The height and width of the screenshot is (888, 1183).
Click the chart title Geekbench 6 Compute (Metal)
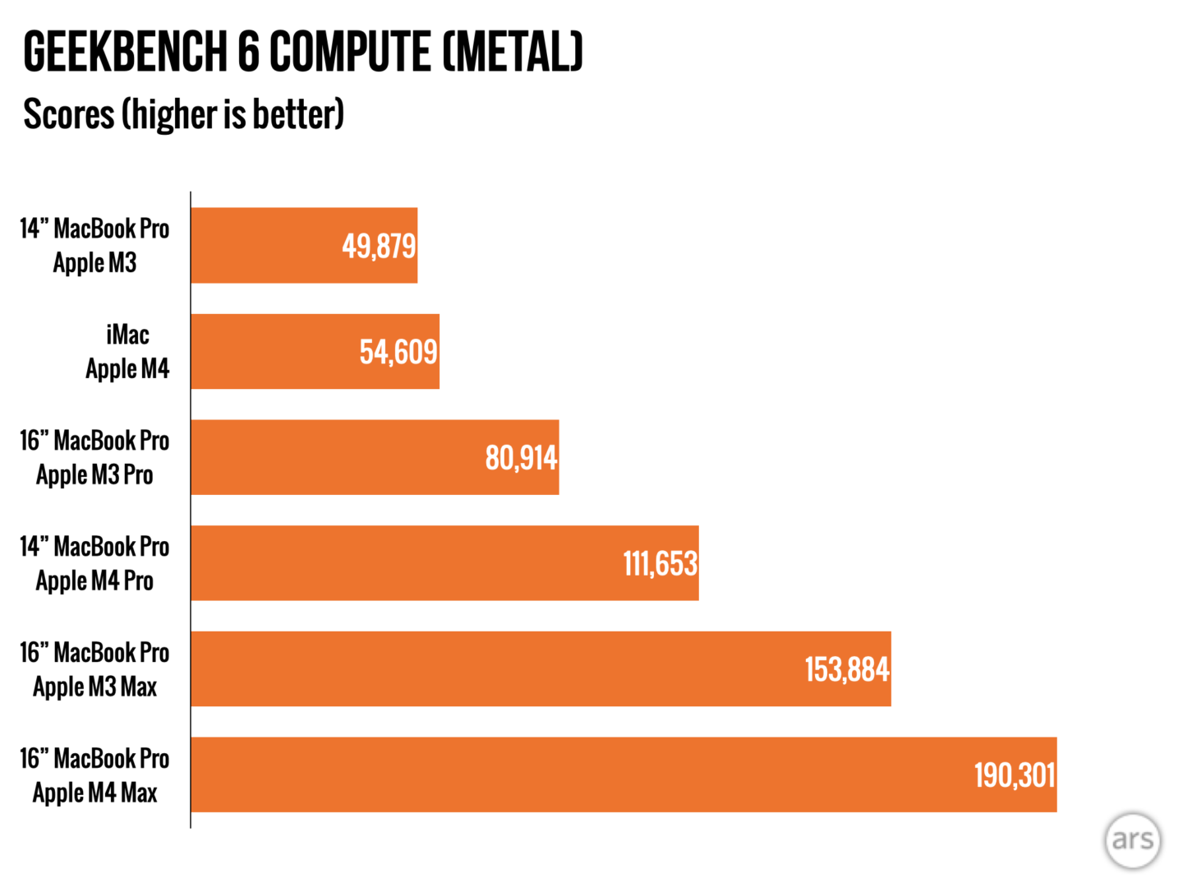pos(302,53)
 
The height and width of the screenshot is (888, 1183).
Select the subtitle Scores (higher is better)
pos(183,114)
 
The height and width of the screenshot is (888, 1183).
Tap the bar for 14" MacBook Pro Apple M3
pos(263,245)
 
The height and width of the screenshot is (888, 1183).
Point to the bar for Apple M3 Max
pos(493,669)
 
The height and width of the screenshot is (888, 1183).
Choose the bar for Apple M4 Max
pos(575,775)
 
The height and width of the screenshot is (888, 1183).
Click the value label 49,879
pos(379,246)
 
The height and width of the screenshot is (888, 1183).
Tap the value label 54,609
pos(398,352)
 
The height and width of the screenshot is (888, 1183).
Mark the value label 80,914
pos(521,458)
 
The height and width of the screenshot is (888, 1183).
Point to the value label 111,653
pos(660,564)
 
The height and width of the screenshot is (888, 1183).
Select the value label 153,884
pos(847,669)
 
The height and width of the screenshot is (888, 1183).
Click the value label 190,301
pos(1015,775)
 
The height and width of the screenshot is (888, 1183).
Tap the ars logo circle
pos(1133,839)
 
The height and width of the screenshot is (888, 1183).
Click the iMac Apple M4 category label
pos(127,352)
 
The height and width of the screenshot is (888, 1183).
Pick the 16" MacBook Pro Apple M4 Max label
pos(94,775)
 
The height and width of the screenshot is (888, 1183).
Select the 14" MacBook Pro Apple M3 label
pos(94,246)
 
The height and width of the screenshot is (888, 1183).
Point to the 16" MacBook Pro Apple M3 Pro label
pos(94,458)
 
